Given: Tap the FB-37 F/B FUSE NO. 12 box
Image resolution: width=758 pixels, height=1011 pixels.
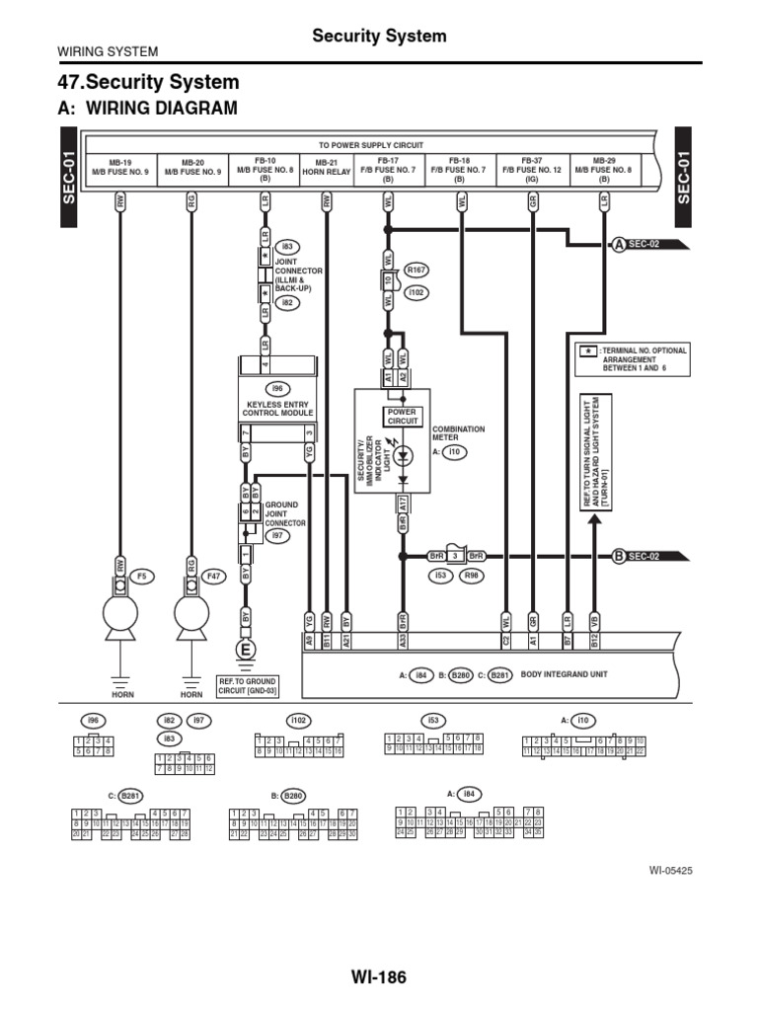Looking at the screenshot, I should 532,171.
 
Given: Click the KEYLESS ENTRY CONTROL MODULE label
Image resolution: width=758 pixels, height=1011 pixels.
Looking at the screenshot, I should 276,409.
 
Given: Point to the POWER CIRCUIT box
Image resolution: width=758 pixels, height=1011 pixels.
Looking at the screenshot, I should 403,416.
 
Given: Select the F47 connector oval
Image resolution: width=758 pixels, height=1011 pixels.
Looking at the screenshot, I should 213,575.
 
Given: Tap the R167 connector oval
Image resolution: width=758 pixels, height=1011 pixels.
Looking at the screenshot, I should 417,269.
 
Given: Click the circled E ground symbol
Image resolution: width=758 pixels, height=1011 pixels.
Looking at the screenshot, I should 245,650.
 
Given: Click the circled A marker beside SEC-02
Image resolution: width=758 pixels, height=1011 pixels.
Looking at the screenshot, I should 619,244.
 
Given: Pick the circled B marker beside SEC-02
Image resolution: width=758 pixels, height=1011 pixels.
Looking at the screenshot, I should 619,556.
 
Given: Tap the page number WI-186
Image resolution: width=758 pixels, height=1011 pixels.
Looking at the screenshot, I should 378,978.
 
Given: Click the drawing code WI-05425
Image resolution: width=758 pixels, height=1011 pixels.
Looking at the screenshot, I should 670,871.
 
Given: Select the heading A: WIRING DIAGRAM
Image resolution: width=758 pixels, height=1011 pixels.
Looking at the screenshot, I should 149,108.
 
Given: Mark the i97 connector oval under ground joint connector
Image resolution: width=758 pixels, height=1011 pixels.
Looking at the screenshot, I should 279,536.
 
